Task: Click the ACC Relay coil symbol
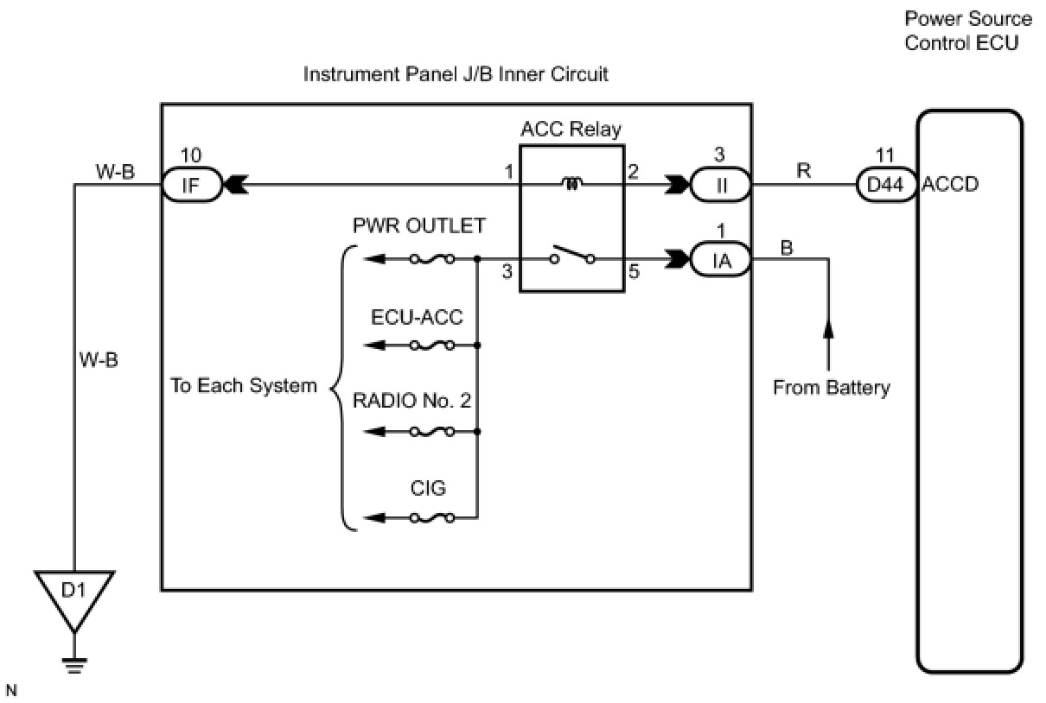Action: (572, 183)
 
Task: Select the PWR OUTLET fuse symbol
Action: (432, 258)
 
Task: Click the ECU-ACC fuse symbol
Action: (432, 345)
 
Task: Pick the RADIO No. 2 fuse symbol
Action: (432, 431)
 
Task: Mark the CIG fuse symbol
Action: (432, 518)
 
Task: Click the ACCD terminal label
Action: (951, 184)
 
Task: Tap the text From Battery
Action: (831, 388)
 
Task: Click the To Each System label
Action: (244, 385)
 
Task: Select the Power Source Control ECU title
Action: (967, 30)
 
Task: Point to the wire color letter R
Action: (803, 171)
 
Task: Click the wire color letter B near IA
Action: (788, 248)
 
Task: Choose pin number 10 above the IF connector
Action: (192, 155)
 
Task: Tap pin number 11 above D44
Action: (885, 155)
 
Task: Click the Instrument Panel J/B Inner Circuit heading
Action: (456, 74)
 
